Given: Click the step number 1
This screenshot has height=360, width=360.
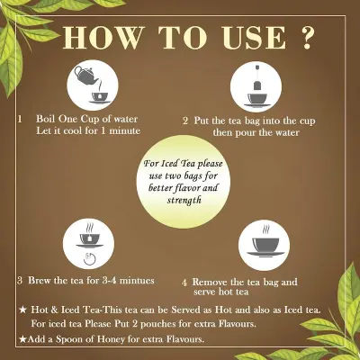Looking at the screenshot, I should click(x=19, y=118).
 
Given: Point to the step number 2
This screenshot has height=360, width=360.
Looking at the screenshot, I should click(x=186, y=120).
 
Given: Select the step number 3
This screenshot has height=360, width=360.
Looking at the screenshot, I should click(x=20, y=281).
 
